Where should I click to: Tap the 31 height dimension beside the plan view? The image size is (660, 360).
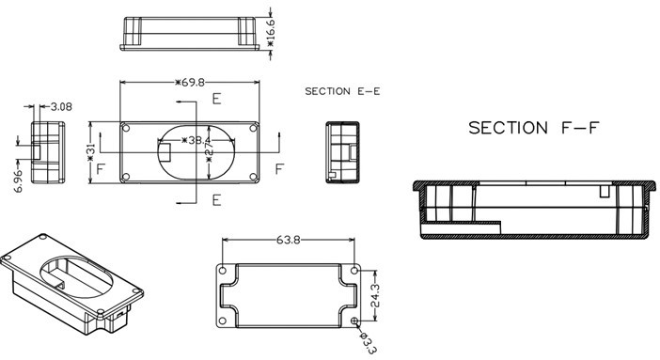tap(91, 152)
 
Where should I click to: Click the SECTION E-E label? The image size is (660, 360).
tap(343, 91)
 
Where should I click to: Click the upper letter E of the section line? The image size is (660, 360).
tap(216, 99)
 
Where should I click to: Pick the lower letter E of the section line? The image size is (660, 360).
tap(216, 199)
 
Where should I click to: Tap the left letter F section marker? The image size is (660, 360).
tap(100, 168)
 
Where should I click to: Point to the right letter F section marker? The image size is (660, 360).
tap(278, 168)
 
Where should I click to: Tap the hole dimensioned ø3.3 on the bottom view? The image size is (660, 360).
tap(354, 321)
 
